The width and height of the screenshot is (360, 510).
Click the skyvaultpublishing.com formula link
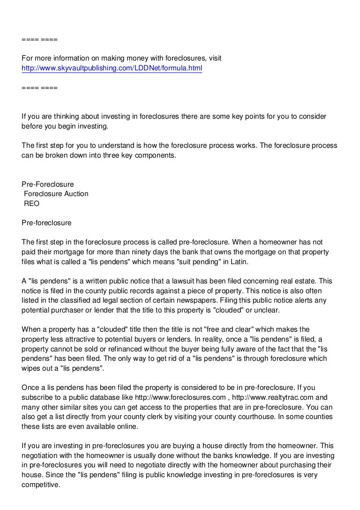112,69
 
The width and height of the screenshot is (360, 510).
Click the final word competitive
41,485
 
